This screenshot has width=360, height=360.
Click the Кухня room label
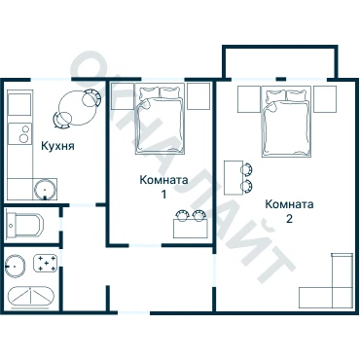click(x=57, y=146)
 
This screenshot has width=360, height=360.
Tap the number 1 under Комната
click(x=163, y=195)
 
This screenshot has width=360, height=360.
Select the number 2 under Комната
click(x=289, y=219)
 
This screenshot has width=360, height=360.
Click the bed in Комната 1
click(x=161, y=119)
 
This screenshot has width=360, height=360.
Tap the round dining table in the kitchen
click(x=77, y=108)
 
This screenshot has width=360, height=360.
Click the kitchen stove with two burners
click(x=20, y=133)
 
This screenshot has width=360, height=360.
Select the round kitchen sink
click(x=45, y=189)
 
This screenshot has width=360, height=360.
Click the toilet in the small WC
click(x=24, y=225)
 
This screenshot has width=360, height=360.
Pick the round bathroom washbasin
click(x=16, y=266)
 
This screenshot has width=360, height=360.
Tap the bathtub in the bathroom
click(x=31, y=298)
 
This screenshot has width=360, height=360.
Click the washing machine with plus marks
click(x=46, y=263)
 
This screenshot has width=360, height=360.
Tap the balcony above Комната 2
click(x=279, y=61)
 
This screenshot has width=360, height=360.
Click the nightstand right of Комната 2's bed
click(x=325, y=99)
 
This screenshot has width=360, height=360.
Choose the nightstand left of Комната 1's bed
click(x=123, y=96)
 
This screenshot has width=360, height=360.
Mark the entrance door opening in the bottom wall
click(x=133, y=313)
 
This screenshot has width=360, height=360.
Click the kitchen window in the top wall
click(x=51, y=80)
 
